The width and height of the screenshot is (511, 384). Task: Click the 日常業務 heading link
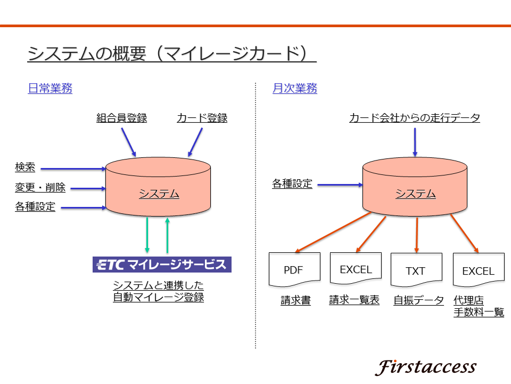50,88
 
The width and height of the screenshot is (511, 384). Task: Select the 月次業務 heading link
294,88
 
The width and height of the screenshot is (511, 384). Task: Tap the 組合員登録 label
121,118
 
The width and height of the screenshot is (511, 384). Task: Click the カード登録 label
202,118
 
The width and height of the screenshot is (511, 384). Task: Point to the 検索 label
25,167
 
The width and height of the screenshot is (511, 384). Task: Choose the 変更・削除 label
40,187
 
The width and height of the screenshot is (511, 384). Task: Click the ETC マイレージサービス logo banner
162,265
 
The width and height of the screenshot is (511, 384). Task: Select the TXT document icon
416,270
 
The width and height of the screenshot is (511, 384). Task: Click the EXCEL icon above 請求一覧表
356,269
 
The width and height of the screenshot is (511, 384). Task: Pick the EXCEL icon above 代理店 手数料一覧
479,270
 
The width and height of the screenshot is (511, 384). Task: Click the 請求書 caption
295,300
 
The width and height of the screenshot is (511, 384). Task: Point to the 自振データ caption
418,300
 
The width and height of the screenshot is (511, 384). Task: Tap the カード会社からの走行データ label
415,118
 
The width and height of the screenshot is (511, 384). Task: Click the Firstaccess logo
426,367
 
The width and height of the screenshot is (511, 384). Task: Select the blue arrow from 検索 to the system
73,169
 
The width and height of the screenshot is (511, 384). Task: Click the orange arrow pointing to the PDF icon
333,232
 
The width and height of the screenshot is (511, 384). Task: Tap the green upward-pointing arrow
168,235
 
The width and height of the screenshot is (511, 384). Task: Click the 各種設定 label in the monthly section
292,184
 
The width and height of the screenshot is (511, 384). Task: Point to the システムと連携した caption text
159,285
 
